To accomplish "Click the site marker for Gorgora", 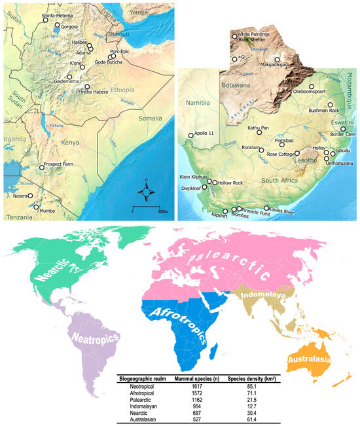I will click(57, 27).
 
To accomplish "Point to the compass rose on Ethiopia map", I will click(148, 192).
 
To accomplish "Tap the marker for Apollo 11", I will click(190, 135).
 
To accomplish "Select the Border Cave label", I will click(343, 135).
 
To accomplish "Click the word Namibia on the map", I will click(198, 103).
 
